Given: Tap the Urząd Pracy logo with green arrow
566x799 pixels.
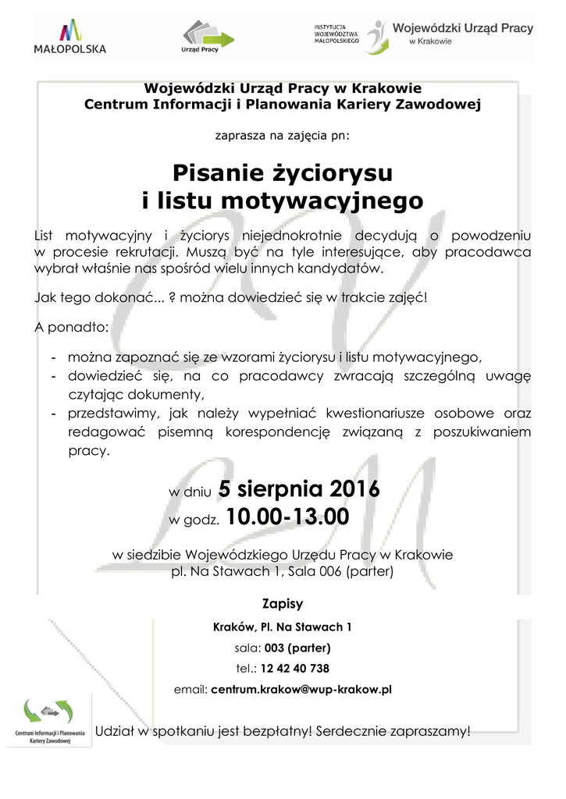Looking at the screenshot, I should [x=208, y=36].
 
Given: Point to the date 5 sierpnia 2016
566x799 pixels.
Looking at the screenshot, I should [x=299, y=489].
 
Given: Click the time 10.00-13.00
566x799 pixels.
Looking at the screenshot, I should [x=287, y=517].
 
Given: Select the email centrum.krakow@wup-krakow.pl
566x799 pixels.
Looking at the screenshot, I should [x=301, y=690].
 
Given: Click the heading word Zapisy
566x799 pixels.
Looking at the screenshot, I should [x=283, y=604].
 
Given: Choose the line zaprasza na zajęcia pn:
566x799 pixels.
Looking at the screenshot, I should [x=283, y=134].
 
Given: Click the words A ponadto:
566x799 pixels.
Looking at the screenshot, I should [x=73, y=326].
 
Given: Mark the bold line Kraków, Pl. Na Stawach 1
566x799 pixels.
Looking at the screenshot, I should [x=283, y=627].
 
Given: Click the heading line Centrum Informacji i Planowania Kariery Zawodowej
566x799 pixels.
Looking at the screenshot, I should [x=283, y=103].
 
